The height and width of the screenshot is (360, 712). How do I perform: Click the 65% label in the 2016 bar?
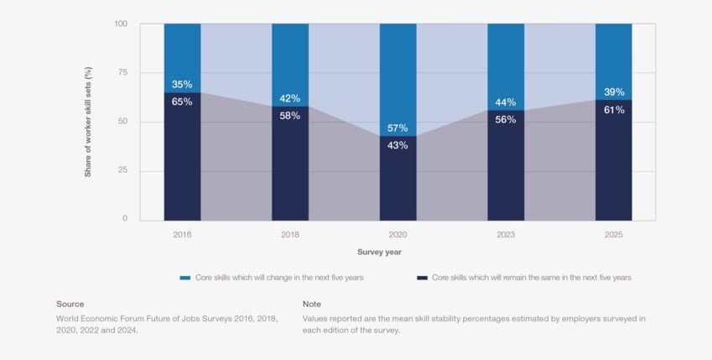tap(182, 102)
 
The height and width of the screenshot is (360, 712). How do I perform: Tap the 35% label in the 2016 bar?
tap(182, 85)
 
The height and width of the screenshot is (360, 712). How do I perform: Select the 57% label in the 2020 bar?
tap(398, 128)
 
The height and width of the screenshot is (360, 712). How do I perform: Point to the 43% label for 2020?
tap(398, 145)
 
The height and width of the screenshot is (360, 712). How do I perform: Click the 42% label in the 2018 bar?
tap(290, 98)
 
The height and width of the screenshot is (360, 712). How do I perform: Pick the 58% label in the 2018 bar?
tap(290, 116)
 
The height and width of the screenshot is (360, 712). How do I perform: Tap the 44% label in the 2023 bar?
tap(506, 102)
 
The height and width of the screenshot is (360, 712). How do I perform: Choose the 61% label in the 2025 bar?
tap(614, 110)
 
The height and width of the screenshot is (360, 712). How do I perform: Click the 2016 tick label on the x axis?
tap(182, 235)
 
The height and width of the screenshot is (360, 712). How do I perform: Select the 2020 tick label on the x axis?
tap(398, 235)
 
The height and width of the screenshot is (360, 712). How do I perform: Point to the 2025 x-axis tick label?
tap(614, 235)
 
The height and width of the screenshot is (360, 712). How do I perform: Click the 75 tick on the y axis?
tap(122, 73)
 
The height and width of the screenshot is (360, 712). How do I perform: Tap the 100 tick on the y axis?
tap(120, 23)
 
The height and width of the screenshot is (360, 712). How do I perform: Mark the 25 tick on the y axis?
tap(122, 171)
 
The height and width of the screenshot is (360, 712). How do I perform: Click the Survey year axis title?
tap(383, 252)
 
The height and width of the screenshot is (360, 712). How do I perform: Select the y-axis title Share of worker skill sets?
tap(87, 123)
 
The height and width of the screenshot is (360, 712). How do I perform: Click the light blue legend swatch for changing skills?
tap(185, 278)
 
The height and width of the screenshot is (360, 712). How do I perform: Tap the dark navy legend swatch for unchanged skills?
tap(422, 278)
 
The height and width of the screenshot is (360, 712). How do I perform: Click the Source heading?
tap(70, 304)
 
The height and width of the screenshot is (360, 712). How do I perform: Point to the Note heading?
tap(312, 304)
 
